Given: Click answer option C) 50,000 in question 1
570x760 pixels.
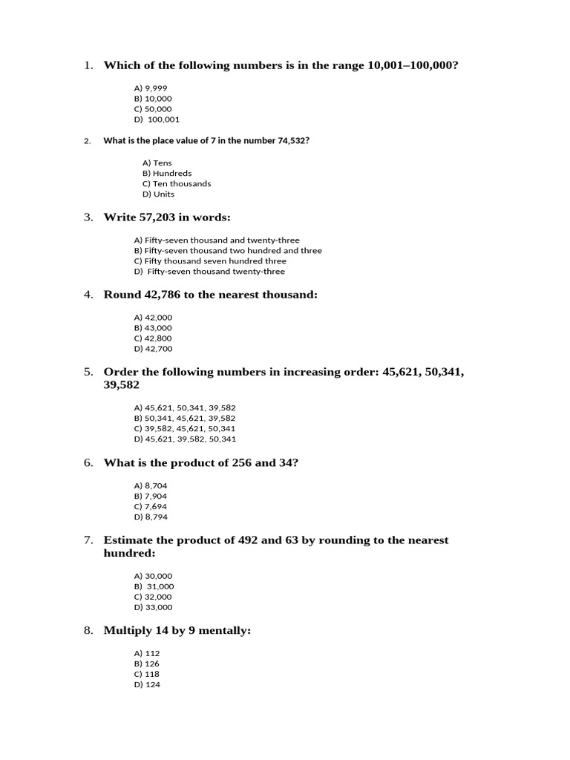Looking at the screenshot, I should point(152,108).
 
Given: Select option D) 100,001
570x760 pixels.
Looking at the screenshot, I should point(157,119).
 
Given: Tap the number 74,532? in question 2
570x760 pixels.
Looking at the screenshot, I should point(293,140).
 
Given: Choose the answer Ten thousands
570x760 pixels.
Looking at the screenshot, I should point(177,183).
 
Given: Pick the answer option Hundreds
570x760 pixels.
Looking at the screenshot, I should point(167,173).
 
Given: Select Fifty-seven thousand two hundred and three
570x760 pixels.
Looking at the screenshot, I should point(228,251).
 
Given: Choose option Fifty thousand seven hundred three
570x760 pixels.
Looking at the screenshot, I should point(210,261).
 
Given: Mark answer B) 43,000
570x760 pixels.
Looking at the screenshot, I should point(153,327).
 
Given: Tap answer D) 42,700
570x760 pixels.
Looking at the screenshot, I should point(153,348).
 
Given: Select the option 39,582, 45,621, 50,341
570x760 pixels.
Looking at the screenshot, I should point(185,428).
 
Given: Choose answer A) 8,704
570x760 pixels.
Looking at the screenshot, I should point(151,485).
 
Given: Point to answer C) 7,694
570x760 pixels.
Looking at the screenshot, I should point(151,506).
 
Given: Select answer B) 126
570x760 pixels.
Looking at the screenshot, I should point(147,664).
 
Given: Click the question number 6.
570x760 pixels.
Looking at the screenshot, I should point(88,463).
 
